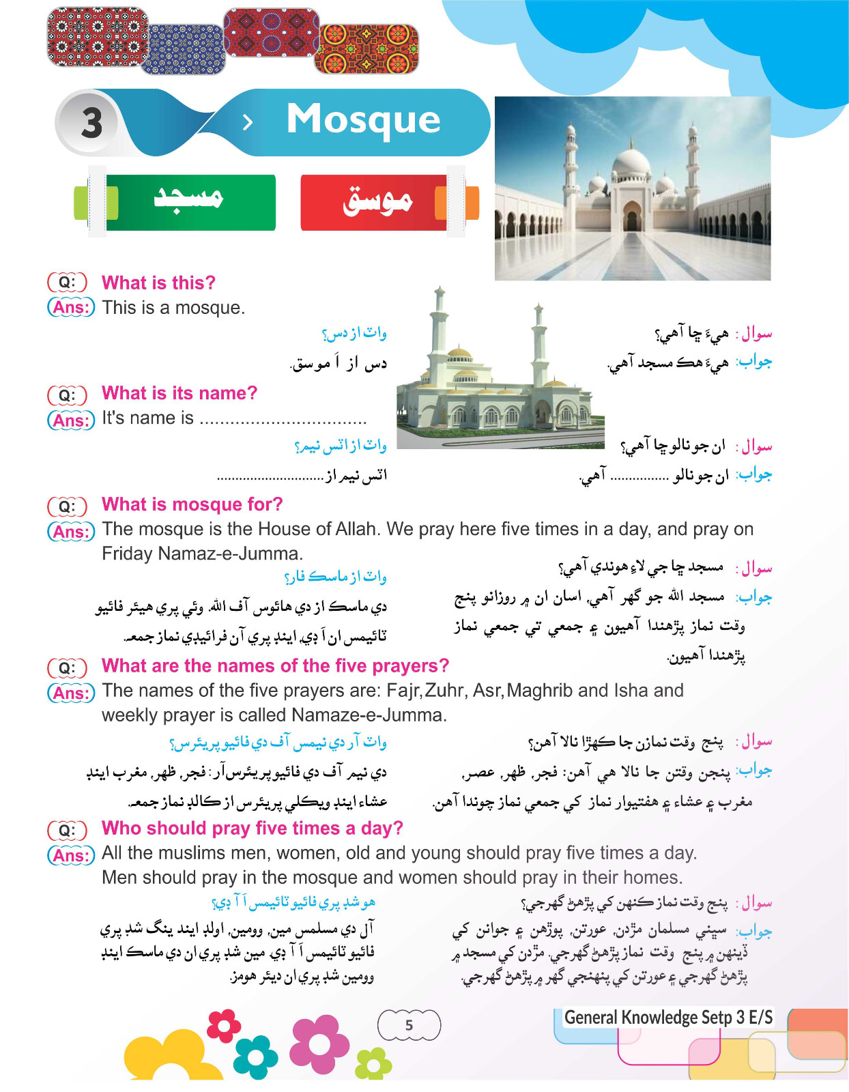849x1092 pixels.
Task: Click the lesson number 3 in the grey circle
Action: pyautogui.click(x=91, y=124)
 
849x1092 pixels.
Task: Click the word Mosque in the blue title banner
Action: pyautogui.click(x=363, y=119)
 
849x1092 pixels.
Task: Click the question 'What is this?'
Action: pyautogui.click(x=158, y=283)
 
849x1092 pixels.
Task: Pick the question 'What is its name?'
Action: pyautogui.click(x=179, y=393)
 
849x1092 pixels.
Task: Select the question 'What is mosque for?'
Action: pyautogui.click(x=192, y=504)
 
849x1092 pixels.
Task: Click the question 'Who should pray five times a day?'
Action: pyautogui.click(x=252, y=828)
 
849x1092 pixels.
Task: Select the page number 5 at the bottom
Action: pyautogui.click(x=409, y=1025)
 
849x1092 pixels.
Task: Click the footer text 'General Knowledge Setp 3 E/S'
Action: pyautogui.click(x=668, y=1018)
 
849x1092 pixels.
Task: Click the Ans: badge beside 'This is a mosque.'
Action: pyautogui.click(x=71, y=308)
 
